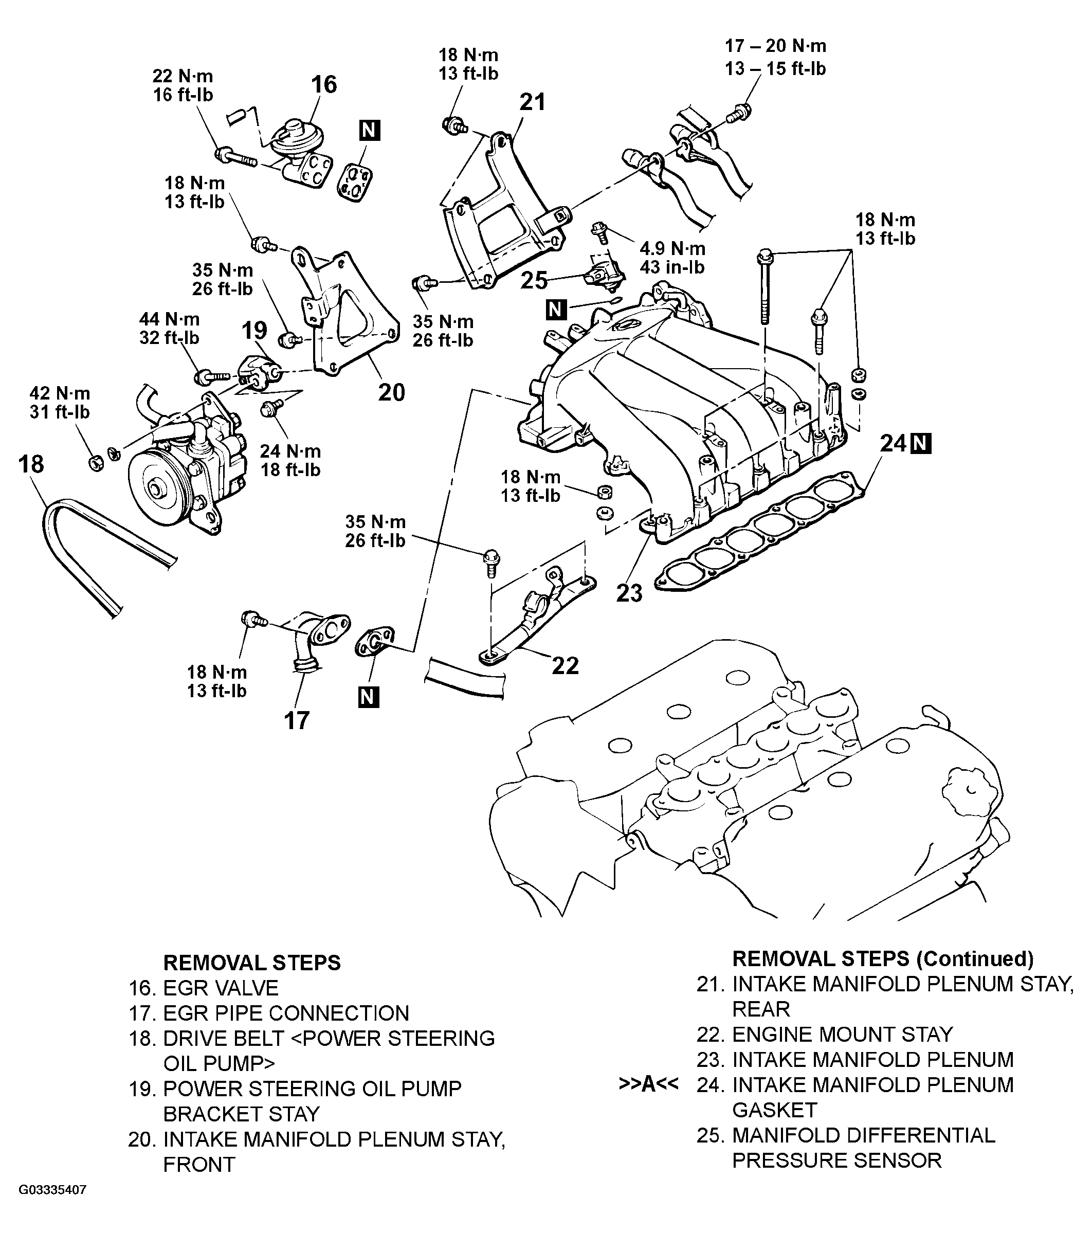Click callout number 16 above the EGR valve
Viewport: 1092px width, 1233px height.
click(324, 84)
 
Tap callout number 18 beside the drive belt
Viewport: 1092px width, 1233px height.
click(31, 464)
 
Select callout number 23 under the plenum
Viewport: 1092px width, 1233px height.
click(629, 593)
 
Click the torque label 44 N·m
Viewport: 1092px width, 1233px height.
click(170, 319)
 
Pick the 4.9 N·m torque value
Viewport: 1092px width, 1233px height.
click(672, 248)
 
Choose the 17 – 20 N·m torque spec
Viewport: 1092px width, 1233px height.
click(775, 46)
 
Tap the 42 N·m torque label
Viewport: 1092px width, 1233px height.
click(60, 393)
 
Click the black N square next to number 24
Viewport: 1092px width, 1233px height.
click(921, 444)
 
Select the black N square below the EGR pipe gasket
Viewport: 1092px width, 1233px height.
click(368, 697)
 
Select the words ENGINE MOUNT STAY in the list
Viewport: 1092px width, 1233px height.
click(842, 1034)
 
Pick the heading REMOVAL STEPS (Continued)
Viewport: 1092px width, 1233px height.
click(883, 958)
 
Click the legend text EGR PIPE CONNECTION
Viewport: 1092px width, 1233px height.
click(286, 1012)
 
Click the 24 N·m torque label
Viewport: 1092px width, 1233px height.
click(290, 451)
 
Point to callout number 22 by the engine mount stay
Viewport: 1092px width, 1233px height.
click(566, 665)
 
